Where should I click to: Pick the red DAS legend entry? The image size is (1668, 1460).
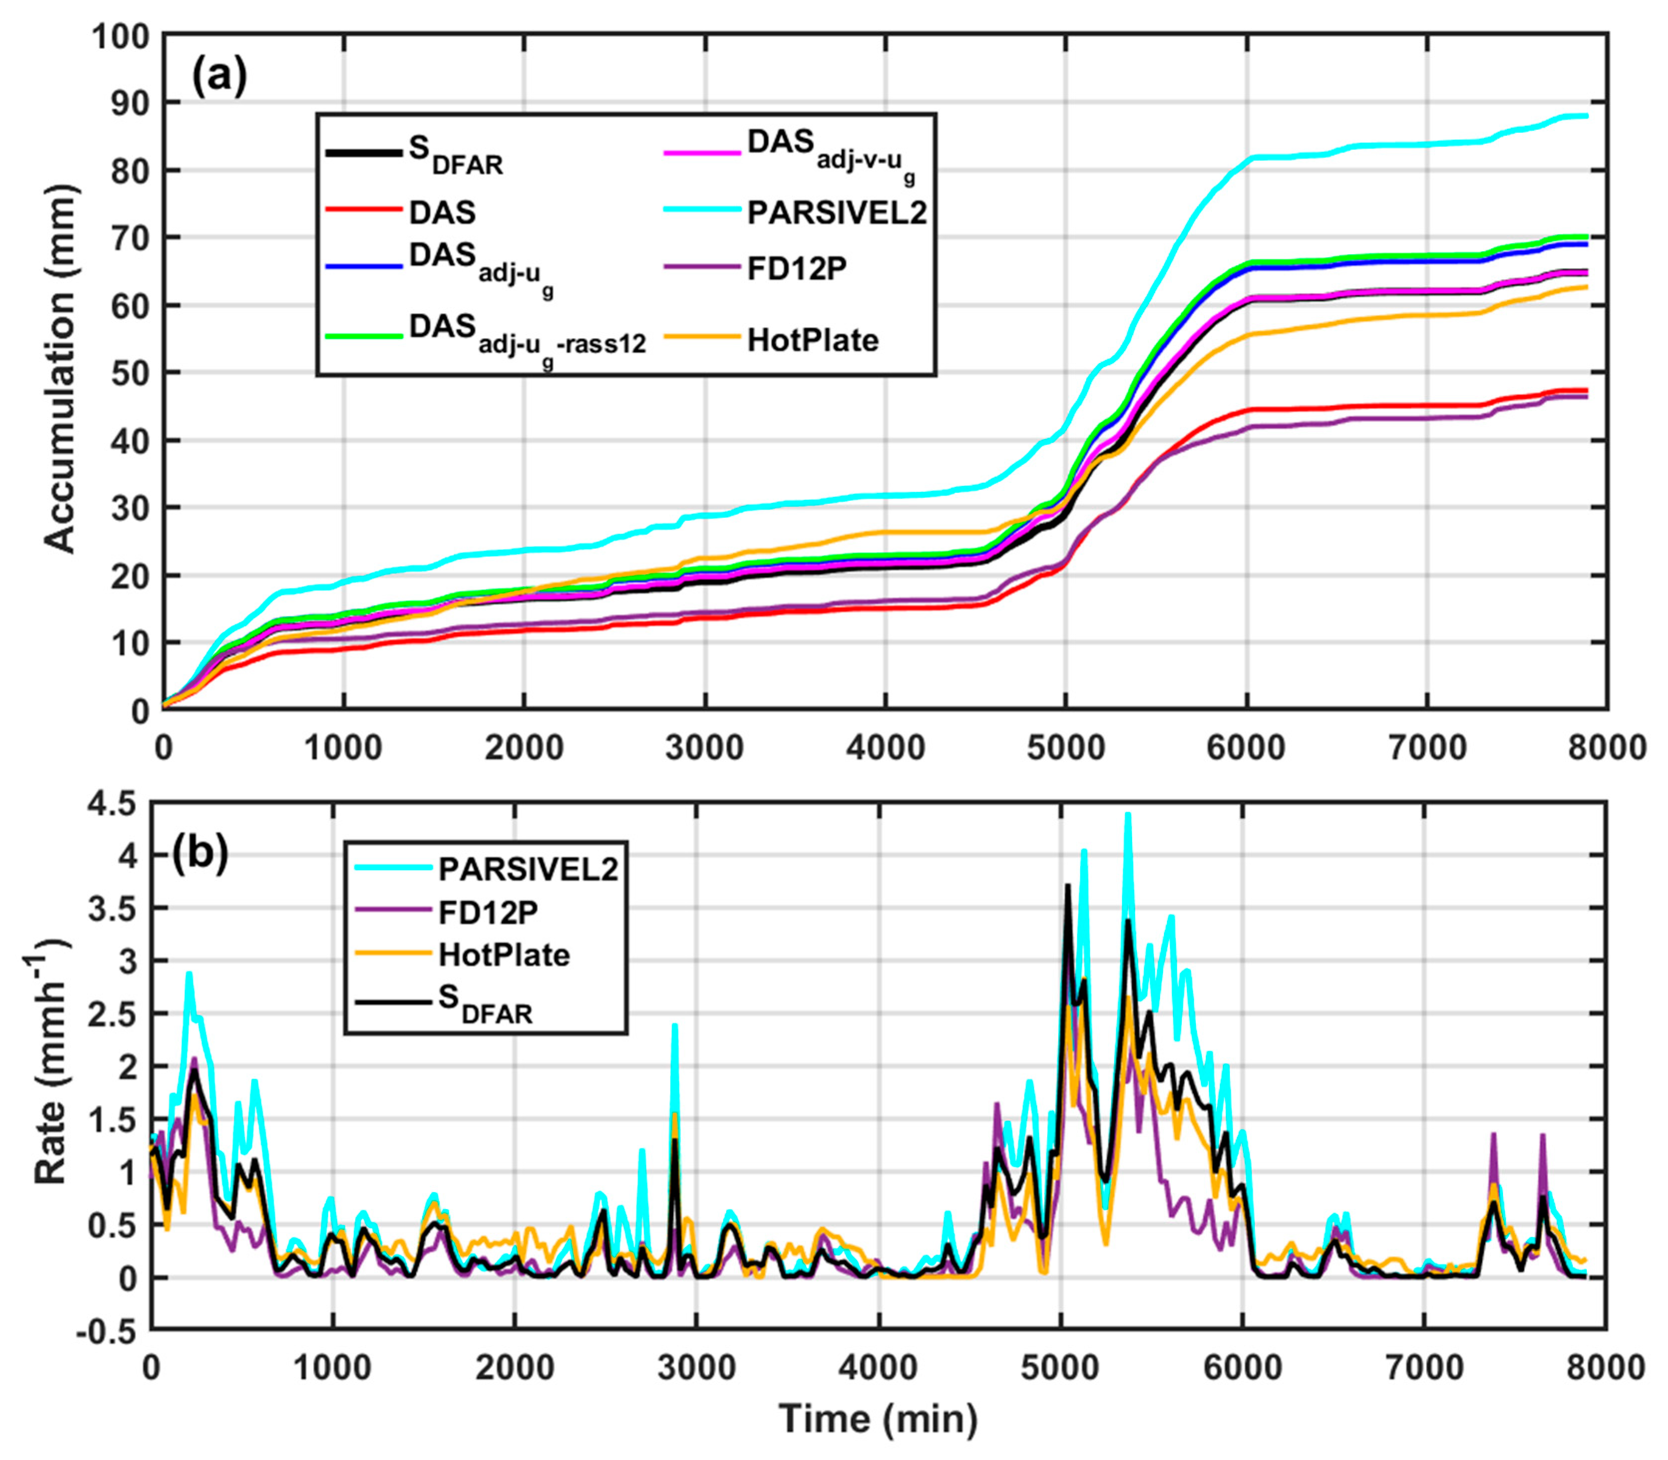(x=442, y=212)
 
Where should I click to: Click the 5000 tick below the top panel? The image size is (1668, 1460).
(x=1065, y=747)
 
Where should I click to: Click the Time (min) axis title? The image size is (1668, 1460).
(x=878, y=1419)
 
